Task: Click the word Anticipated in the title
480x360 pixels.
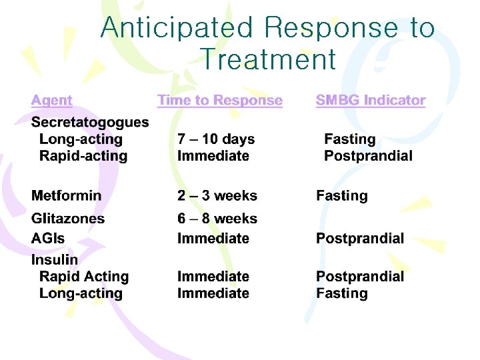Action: (177, 28)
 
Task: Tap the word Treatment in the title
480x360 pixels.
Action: (268, 59)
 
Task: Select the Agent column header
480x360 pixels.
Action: (51, 101)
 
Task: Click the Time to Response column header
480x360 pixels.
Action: (219, 101)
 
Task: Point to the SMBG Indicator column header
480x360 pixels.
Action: (370, 101)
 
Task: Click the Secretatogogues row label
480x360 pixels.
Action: (90, 123)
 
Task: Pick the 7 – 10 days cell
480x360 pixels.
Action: (216, 139)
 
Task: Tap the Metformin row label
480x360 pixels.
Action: (67, 196)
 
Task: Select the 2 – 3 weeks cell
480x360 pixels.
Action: (217, 196)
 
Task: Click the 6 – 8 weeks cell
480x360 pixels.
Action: (217, 219)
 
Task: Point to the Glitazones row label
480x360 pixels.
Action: (68, 219)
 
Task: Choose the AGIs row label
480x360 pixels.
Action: (48, 239)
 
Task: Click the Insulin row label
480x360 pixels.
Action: (55, 260)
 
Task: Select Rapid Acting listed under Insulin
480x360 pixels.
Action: (84, 277)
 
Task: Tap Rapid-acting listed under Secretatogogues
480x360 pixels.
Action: (83, 157)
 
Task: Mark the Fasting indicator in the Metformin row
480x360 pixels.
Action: (341, 196)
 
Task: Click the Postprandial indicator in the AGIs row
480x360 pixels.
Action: (359, 239)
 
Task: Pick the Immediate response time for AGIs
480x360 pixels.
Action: (213, 239)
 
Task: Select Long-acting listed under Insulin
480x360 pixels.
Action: (81, 293)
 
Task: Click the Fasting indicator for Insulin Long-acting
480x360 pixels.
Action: (341, 293)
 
